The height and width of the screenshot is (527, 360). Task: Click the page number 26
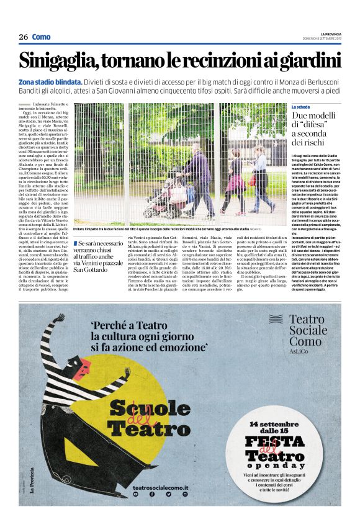23,37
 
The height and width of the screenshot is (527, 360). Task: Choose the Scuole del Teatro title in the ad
141,418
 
